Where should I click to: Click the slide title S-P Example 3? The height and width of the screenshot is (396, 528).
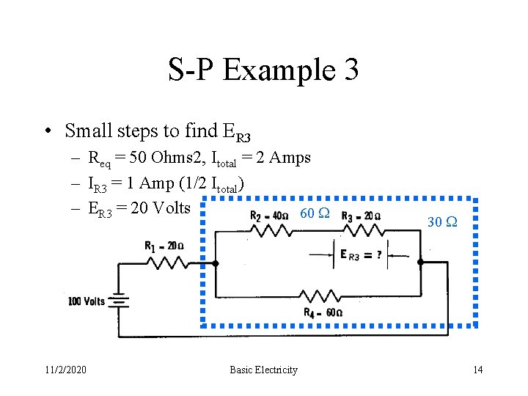click(x=263, y=70)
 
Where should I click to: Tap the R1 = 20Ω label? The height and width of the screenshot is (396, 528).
click(x=164, y=246)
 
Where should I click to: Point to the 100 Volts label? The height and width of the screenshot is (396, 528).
click(x=87, y=301)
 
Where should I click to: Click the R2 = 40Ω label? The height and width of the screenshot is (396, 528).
click(x=268, y=216)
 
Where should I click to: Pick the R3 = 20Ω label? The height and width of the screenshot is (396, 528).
click(x=361, y=216)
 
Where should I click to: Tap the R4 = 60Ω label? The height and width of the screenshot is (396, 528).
click(x=323, y=312)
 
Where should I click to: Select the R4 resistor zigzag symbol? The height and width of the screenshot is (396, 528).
click(x=320, y=296)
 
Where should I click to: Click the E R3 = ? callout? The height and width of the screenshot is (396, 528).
click(x=360, y=255)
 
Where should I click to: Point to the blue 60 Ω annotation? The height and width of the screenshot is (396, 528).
click(x=315, y=213)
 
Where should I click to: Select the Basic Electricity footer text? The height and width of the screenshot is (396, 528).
click(x=263, y=370)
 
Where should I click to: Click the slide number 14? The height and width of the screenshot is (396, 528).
click(x=478, y=370)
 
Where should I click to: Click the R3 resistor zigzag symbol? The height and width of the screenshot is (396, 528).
click(x=360, y=230)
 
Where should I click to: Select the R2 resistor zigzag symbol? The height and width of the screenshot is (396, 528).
click(x=269, y=230)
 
